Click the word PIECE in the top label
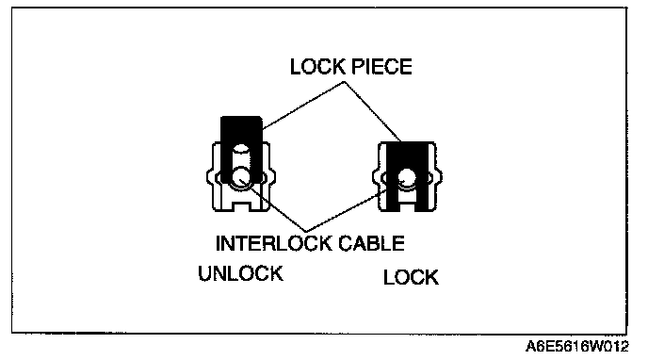pyautogui.click(x=381, y=67)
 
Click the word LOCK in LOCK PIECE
pyautogui.click(x=317, y=67)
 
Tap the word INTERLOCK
pyautogui.click(x=274, y=243)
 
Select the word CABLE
pyautogui.click(x=371, y=243)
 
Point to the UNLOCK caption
pyautogui.click(x=241, y=273)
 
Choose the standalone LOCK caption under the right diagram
pyautogui.click(x=411, y=277)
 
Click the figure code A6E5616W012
pyautogui.click(x=577, y=347)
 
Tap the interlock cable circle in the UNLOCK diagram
pyautogui.click(x=241, y=178)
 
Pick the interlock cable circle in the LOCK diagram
pyautogui.click(x=407, y=178)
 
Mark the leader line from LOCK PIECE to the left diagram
pyautogui.click(x=303, y=105)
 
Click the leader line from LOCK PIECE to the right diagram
pyautogui.click(x=372, y=111)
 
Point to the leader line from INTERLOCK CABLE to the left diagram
pyautogui.click(x=273, y=205)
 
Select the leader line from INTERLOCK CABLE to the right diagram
pyautogui.click(x=348, y=210)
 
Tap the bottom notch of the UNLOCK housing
pyautogui.click(x=241, y=205)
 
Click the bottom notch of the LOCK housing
pyautogui.click(x=407, y=205)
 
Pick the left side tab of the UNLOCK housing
pyautogui.click(x=211, y=177)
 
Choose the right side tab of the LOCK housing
pyautogui.click(x=439, y=177)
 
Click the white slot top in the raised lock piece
pyautogui.click(x=241, y=150)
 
